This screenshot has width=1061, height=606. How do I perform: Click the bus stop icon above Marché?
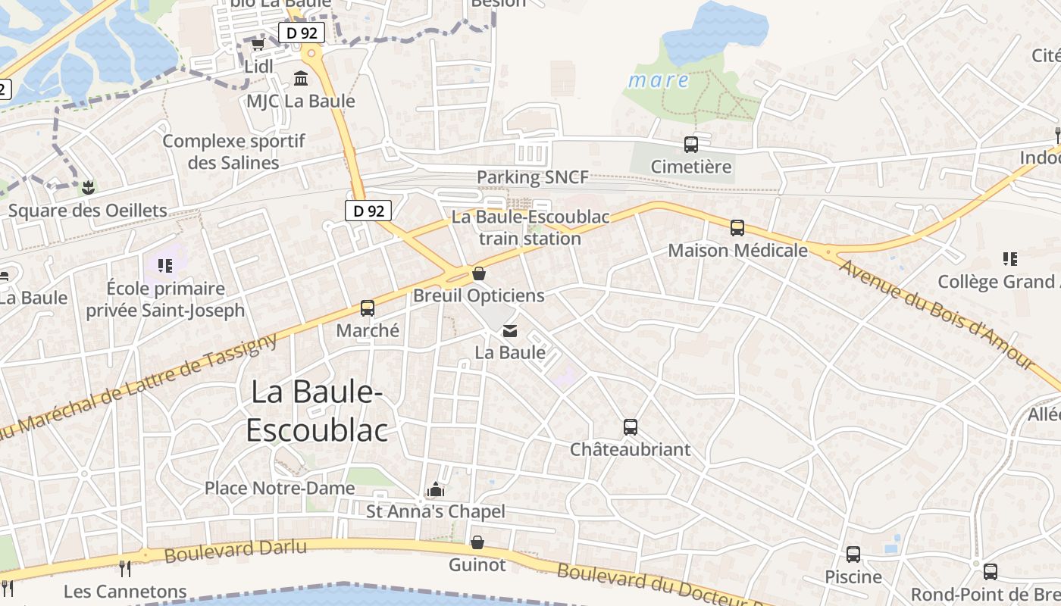click(x=368, y=308)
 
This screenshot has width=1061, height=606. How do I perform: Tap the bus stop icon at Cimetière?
click(x=690, y=144)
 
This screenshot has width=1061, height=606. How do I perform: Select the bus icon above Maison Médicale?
click(x=737, y=227)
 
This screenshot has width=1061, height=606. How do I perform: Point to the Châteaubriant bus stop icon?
click(x=630, y=427)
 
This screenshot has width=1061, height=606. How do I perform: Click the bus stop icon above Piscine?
click(x=853, y=554)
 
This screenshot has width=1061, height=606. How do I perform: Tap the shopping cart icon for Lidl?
click(x=258, y=45)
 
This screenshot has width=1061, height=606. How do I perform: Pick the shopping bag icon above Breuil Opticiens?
click(x=478, y=273)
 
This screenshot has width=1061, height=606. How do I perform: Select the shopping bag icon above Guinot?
click(x=477, y=542)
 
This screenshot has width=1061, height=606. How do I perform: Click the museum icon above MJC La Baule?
click(x=301, y=79)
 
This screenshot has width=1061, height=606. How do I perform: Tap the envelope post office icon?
click(x=510, y=331)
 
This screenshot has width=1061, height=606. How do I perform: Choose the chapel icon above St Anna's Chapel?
click(x=435, y=489)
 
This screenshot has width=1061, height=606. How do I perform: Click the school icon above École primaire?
click(x=165, y=266)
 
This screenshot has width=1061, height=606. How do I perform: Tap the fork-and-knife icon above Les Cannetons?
click(x=125, y=568)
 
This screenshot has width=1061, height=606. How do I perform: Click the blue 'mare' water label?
click(x=659, y=80)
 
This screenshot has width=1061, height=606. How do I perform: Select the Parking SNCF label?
click(x=532, y=177)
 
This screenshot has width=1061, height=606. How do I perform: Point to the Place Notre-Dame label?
click(x=280, y=488)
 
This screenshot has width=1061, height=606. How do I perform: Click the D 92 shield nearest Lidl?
click(x=302, y=33)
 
